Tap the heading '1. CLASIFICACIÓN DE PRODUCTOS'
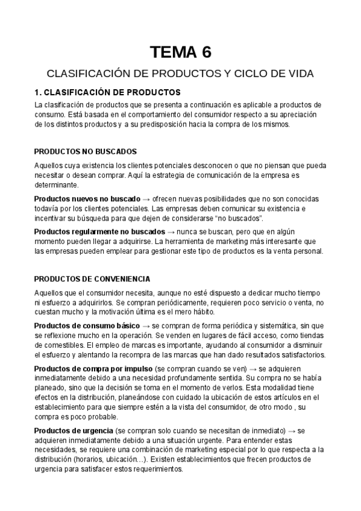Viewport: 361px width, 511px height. click(107, 92)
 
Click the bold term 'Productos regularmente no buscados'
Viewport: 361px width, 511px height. click(99, 231)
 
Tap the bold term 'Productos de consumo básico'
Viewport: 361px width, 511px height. click(87, 325)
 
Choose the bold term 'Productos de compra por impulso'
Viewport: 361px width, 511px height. click(93, 368)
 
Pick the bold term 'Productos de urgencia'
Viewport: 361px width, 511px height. click(74, 430)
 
